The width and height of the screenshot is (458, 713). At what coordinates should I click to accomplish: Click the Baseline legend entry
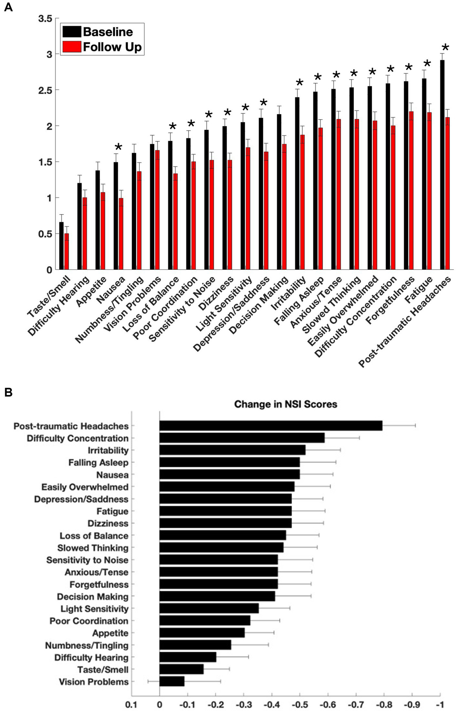pos(108,32)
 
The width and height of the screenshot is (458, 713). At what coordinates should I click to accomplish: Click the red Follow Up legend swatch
pos(71,47)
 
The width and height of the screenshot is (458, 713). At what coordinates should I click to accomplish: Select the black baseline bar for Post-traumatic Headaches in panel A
pos(442,165)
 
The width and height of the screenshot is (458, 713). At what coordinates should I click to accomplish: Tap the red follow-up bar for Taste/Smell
pos(67,251)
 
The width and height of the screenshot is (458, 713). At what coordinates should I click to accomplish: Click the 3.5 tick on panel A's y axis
pos(45,19)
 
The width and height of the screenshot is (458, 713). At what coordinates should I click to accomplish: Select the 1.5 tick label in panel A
pos(45,162)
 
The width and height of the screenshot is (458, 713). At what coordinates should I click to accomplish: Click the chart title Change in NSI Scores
pos(285,404)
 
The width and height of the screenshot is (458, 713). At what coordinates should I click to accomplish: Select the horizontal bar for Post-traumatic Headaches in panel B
pos(271,426)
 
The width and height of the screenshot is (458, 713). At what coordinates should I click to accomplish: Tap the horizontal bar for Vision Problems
pos(172,682)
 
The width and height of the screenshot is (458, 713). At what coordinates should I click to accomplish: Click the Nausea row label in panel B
pos(112,475)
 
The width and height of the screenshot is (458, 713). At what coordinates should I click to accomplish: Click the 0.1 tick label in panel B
pos(131,704)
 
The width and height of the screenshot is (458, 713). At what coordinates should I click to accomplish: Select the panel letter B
pos(8,392)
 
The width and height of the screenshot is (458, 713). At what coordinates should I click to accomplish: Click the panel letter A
pos(8,7)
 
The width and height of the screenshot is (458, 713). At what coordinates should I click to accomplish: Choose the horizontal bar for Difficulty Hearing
pos(188,657)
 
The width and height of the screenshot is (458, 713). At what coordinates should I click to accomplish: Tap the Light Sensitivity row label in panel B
pos(94,609)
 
